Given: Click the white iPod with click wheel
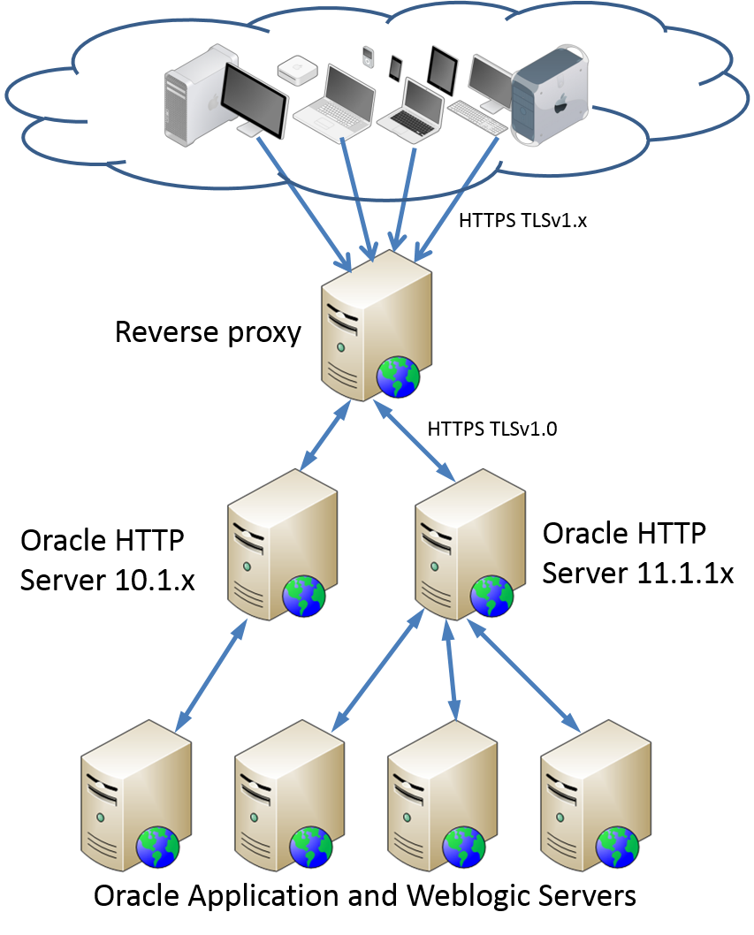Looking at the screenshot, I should [368, 57].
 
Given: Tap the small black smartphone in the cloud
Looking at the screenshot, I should [395, 68].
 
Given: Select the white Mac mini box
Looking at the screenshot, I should [293, 70].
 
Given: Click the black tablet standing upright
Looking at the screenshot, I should [441, 70].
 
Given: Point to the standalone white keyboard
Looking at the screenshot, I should [477, 117].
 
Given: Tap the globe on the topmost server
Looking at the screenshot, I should [398, 377].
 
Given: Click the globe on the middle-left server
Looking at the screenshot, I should [304, 596].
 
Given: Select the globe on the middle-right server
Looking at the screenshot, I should [491, 596].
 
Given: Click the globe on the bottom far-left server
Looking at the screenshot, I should [157, 848].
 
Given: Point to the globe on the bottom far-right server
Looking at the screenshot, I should [617, 848].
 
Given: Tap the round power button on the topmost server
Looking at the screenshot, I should [340, 348].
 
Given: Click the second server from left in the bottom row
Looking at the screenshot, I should [289, 795].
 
